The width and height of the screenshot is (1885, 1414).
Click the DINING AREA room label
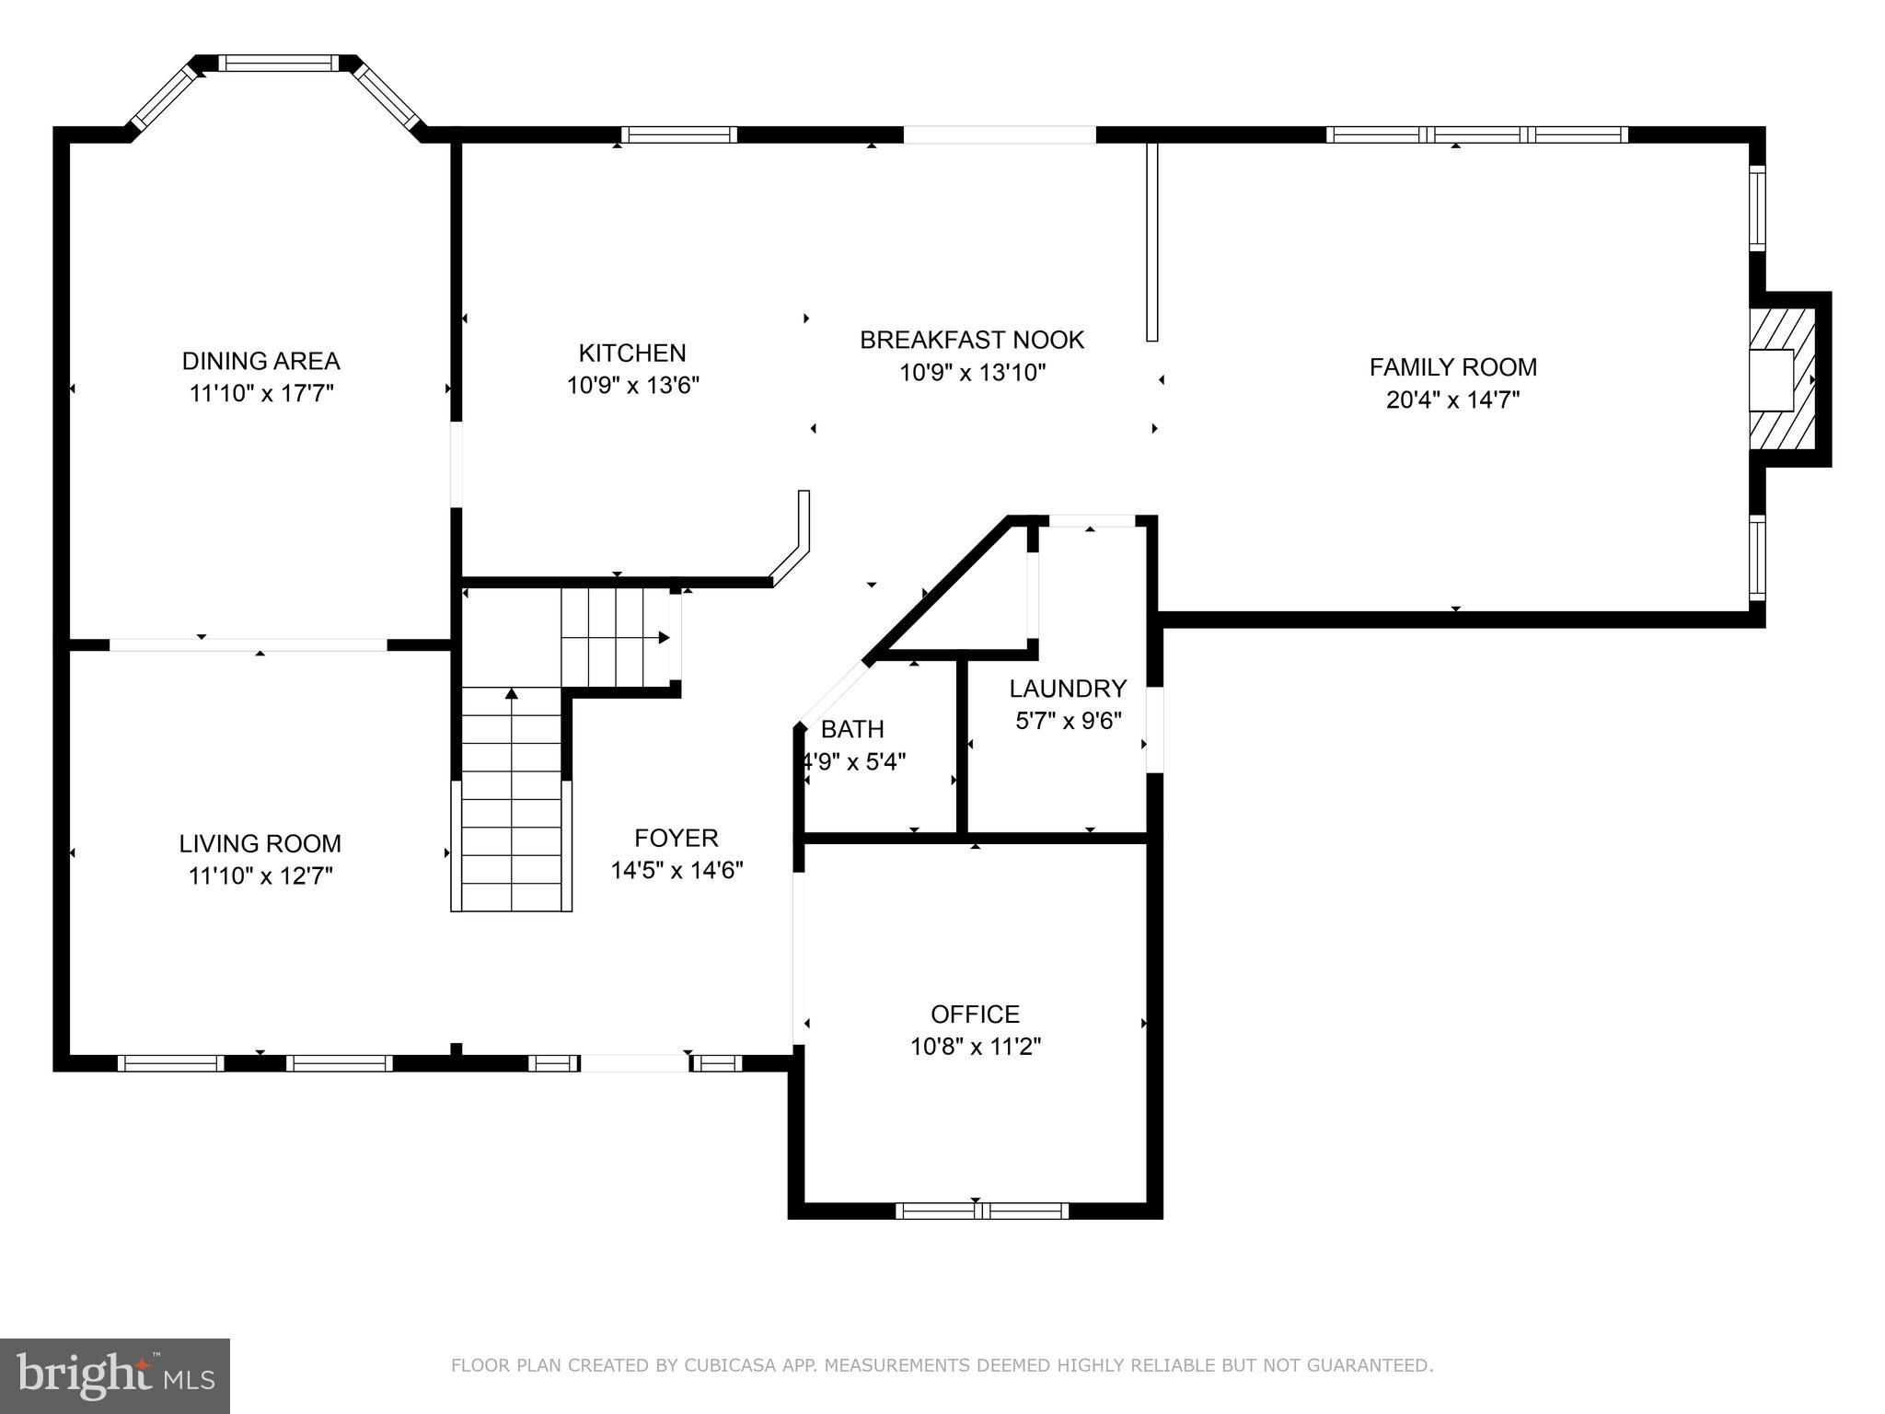click(x=260, y=361)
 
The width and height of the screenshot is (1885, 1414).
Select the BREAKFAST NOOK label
click(x=972, y=340)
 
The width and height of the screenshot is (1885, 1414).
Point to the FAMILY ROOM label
click(x=1452, y=367)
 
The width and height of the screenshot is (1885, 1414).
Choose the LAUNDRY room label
click(x=1068, y=689)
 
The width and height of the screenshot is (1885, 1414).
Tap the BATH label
click(x=852, y=729)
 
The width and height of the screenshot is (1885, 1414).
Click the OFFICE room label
click(x=975, y=1014)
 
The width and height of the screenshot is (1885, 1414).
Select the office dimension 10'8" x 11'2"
click(x=975, y=1047)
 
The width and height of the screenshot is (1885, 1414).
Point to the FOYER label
click(x=676, y=838)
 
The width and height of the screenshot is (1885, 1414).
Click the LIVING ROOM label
click(x=260, y=843)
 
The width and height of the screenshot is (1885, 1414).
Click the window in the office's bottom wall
click(x=981, y=1211)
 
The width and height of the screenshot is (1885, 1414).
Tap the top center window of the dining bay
click(x=278, y=63)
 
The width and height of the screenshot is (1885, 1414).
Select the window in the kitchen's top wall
click(x=679, y=134)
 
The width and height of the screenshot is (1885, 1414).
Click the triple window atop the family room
click(x=1476, y=134)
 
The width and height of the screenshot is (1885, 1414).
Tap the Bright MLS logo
click(x=115, y=1375)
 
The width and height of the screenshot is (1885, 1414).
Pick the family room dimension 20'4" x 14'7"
click(x=1452, y=400)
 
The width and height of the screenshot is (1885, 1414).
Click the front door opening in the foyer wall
click(x=635, y=1063)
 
